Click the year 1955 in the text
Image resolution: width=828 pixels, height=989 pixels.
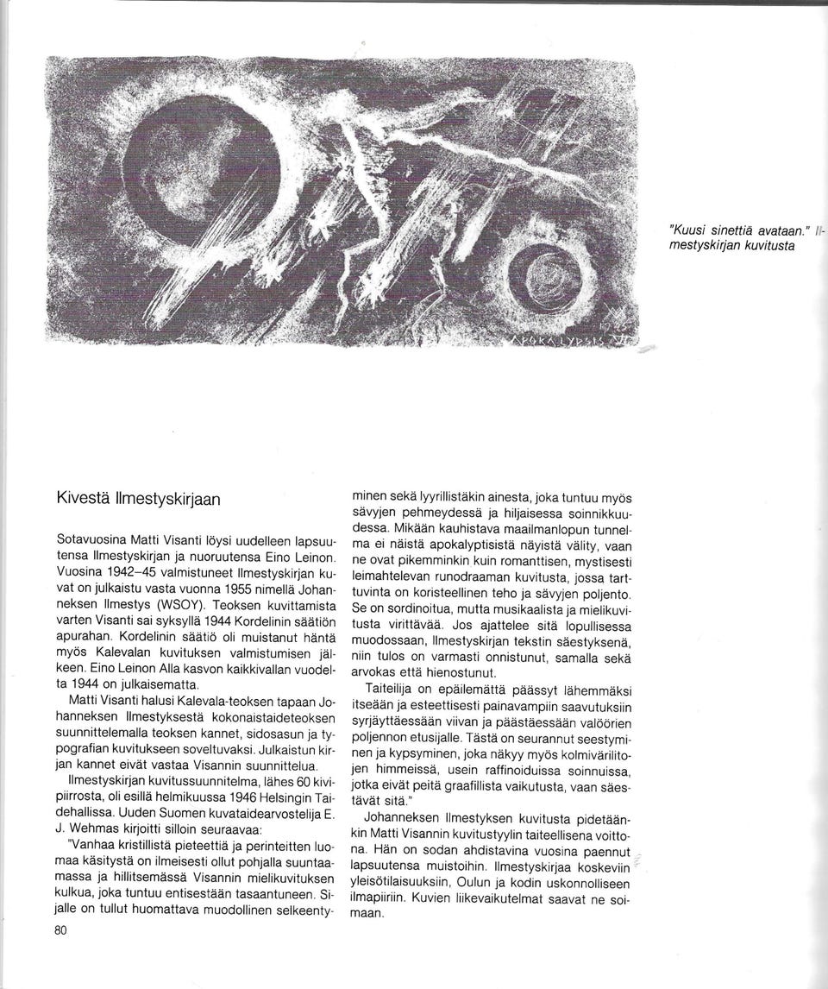245,588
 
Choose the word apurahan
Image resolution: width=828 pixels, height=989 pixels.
82,637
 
